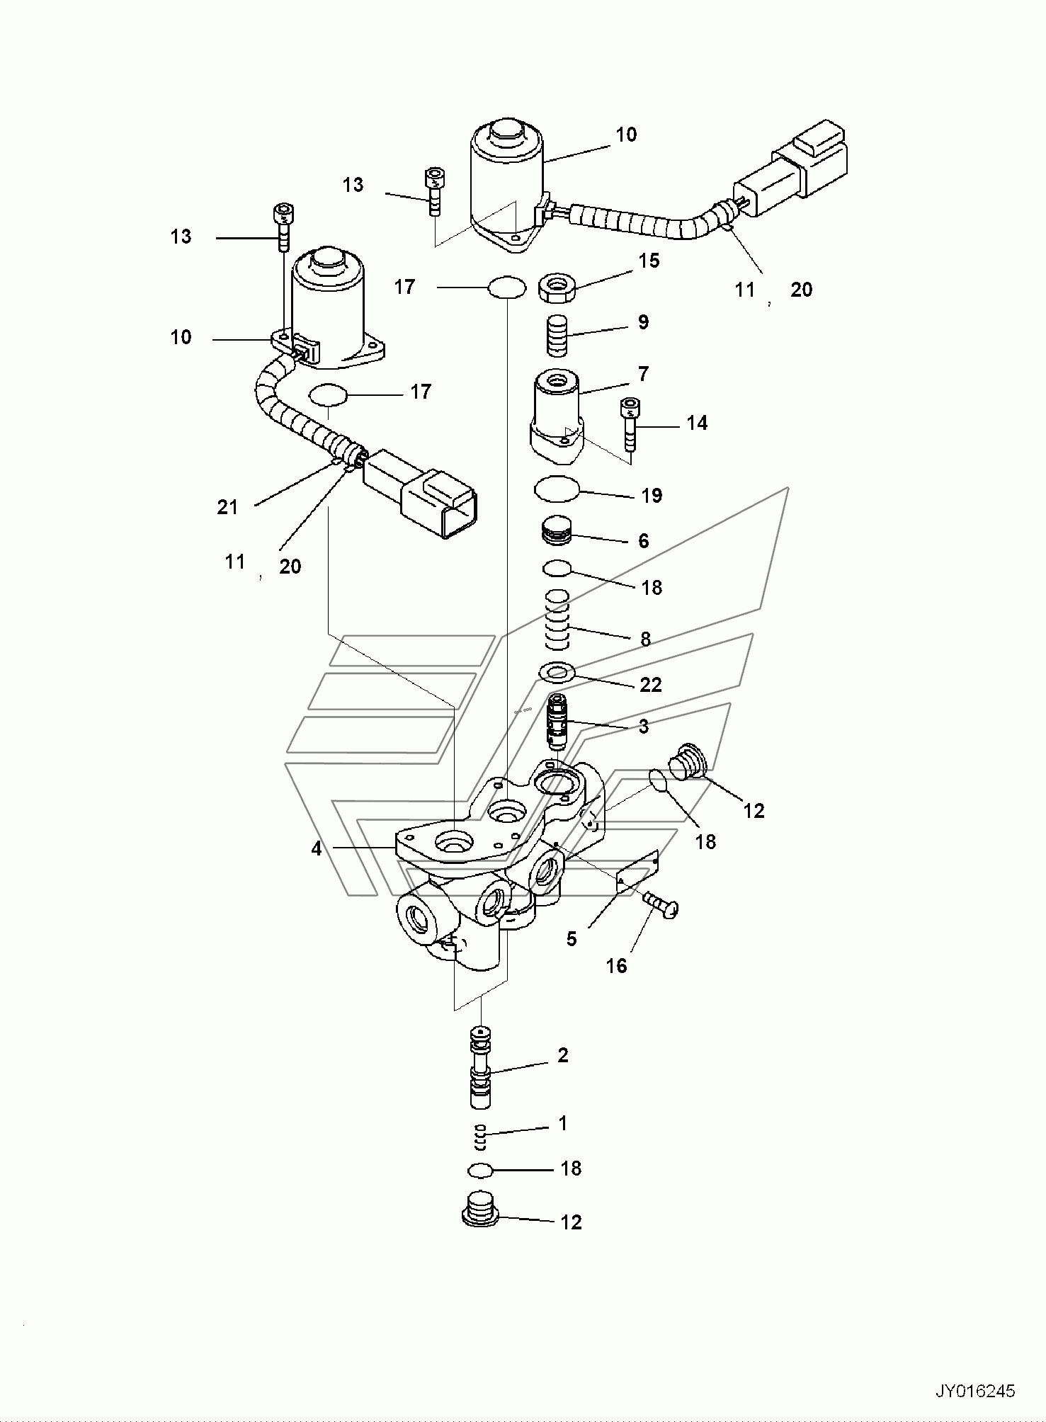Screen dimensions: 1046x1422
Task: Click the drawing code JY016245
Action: point(976,1391)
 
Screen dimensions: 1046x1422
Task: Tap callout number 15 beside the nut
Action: point(648,261)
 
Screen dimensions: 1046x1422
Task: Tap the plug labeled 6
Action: point(557,532)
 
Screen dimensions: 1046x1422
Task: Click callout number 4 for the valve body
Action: point(316,847)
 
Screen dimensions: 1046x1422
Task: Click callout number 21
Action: point(227,507)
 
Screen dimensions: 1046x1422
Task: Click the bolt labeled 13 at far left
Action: point(283,227)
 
